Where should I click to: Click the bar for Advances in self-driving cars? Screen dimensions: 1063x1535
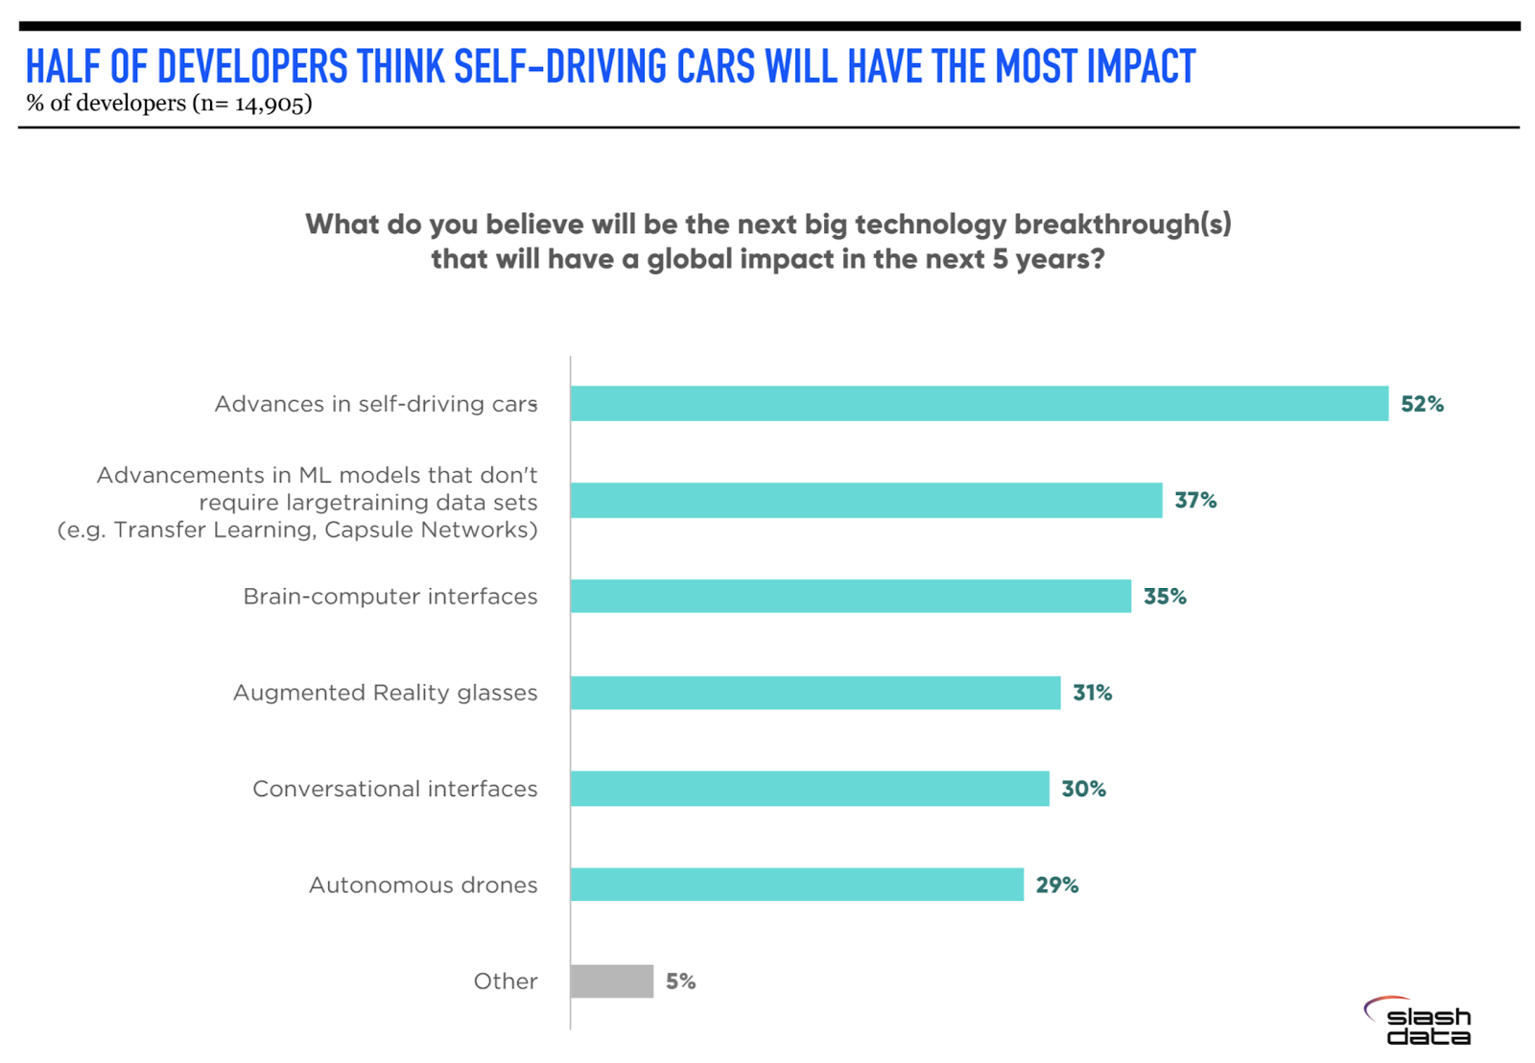[x=979, y=404]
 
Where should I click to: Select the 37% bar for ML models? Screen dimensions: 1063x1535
[x=865, y=501]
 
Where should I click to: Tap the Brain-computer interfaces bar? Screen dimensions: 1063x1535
[x=850, y=597]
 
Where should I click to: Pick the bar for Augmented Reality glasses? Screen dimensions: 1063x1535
[x=815, y=693]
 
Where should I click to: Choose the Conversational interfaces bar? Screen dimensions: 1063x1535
[x=810, y=789]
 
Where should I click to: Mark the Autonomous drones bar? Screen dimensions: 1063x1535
[x=796, y=885]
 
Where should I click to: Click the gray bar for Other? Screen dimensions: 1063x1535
[x=612, y=981]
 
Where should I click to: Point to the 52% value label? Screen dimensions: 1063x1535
[x=1422, y=404]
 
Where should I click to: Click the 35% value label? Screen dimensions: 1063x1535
[x=1165, y=597]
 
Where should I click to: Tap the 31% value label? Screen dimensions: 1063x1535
[x=1092, y=693]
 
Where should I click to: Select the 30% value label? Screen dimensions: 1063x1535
[x=1083, y=789]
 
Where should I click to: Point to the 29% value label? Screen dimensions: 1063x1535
[x=1057, y=885]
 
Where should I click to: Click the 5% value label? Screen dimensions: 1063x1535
[x=680, y=981]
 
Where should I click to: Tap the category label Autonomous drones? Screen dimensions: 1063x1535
[x=422, y=885]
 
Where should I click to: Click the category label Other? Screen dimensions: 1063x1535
[x=505, y=981]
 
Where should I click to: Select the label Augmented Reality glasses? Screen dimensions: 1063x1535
[x=385, y=693]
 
